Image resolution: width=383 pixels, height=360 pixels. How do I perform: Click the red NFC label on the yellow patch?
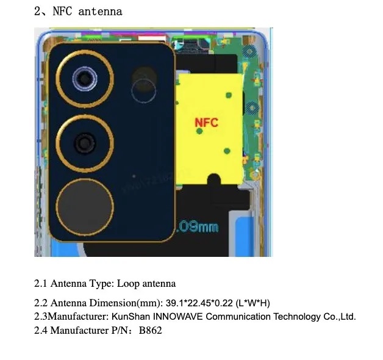point(207,123)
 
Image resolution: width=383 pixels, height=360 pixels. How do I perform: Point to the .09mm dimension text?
point(196,227)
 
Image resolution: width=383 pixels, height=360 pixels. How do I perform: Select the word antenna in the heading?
point(101,11)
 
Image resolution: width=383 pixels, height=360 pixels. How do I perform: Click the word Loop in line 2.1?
point(128,283)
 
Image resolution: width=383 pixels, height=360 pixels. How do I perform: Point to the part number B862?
point(150,331)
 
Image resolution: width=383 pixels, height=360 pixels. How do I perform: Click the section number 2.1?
point(40,283)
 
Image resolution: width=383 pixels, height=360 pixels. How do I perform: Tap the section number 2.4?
point(40,331)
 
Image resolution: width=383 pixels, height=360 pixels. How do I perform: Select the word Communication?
point(238,317)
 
